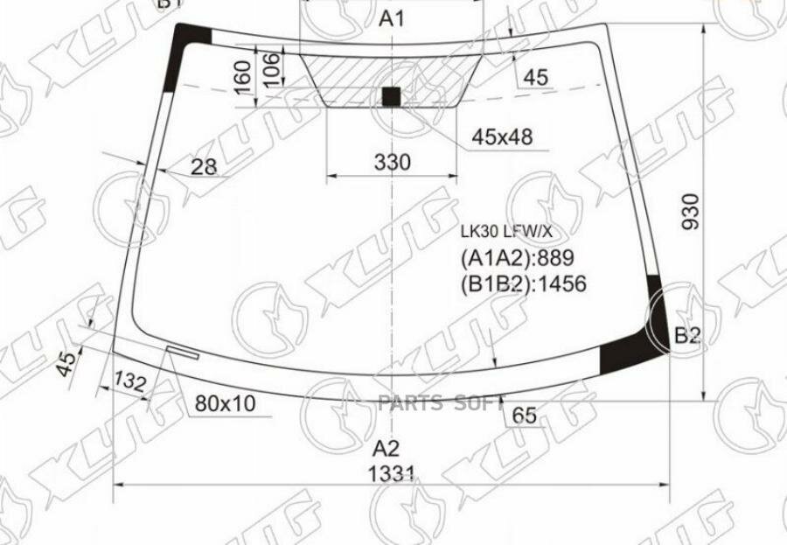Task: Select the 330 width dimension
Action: [x=393, y=163]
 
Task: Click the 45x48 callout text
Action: [x=502, y=136]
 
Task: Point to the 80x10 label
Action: [x=226, y=403]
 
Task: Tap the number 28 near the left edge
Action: [x=203, y=166]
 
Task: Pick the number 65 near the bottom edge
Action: [x=524, y=416]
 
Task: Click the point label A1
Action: [x=393, y=19]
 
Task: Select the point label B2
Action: [x=688, y=334]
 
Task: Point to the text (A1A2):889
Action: [x=513, y=258]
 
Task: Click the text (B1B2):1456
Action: [x=523, y=283]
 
